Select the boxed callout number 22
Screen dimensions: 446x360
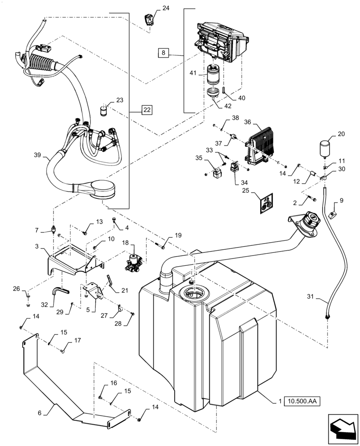click(x=147, y=110)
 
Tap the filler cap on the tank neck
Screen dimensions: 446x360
click(x=309, y=220)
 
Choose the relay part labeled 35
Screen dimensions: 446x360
click(x=219, y=172)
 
